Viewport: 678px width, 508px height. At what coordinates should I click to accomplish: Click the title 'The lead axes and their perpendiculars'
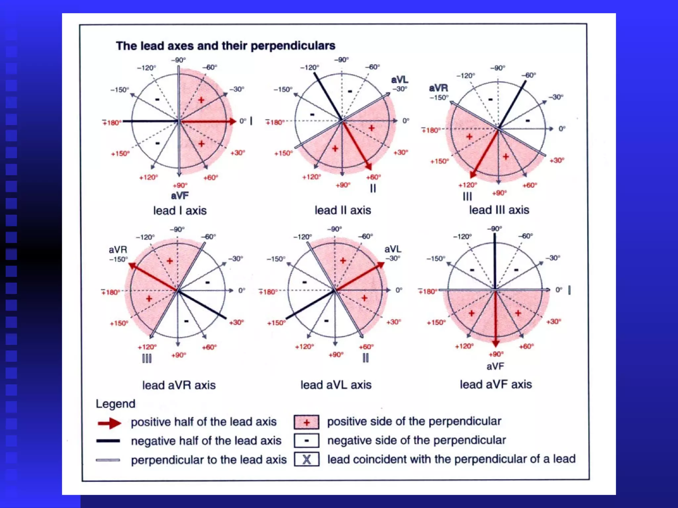(225, 46)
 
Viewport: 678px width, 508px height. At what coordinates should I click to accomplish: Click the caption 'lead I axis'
(180, 211)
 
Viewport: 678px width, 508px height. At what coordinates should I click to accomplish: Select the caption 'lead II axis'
(343, 210)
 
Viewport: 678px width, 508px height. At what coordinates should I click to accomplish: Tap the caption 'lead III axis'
(499, 210)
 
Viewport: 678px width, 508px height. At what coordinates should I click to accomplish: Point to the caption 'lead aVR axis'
(179, 385)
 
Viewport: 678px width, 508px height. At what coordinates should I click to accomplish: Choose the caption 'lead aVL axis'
(336, 385)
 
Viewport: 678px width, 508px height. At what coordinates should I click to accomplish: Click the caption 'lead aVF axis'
(496, 385)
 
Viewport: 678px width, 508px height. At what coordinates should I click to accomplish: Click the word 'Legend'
(115, 404)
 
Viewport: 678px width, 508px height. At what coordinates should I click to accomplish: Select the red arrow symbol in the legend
(110, 423)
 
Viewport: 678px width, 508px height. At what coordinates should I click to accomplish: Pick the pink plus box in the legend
(307, 422)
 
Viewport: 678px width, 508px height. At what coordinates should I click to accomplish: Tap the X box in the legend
(307, 459)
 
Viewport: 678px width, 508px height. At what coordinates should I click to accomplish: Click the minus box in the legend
(307, 441)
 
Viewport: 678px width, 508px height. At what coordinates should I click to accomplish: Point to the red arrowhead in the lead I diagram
(232, 121)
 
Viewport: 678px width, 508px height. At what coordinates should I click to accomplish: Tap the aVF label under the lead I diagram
(180, 196)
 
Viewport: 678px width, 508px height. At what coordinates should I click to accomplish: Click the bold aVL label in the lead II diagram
(400, 80)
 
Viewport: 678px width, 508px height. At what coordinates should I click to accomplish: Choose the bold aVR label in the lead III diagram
(438, 88)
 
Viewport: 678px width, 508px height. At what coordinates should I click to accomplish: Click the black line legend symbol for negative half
(108, 441)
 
